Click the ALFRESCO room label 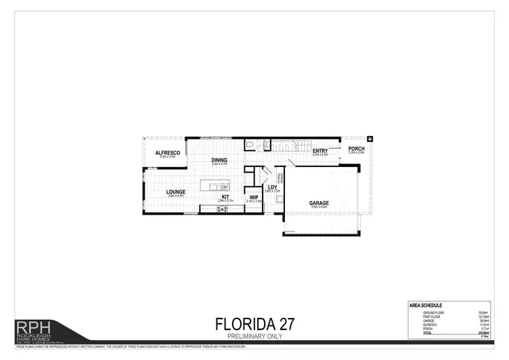[166, 153]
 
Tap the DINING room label [219, 160]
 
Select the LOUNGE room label [176, 192]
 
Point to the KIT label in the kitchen [225, 197]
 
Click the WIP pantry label [253, 198]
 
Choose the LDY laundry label [271, 187]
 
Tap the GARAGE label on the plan [319, 203]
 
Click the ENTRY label [320, 151]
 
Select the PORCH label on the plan [356, 149]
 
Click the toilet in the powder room [250, 145]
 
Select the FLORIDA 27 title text [254, 322]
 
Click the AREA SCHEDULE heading [426, 306]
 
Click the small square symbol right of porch [370, 139]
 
